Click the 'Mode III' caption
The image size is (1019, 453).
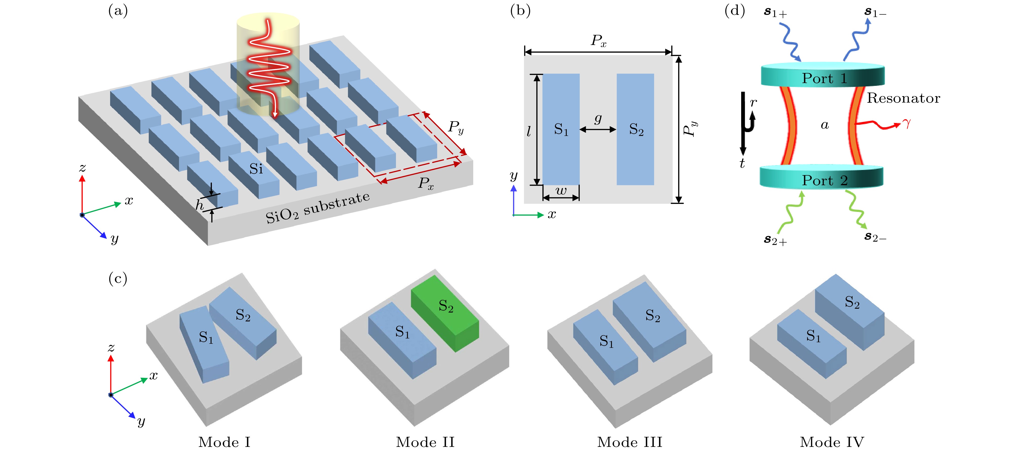pos(629,442)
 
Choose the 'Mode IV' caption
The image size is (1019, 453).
pos(832,442)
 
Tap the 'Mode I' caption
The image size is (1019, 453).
pos(224,442)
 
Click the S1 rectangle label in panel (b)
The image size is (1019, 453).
pos(561,130)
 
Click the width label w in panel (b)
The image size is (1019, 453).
pos(561,191)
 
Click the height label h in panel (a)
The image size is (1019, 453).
pos(199,205)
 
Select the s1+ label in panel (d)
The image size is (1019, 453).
pos(775,13)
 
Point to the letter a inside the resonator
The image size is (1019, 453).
pos(824,125)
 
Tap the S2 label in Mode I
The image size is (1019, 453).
pos(243,315)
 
